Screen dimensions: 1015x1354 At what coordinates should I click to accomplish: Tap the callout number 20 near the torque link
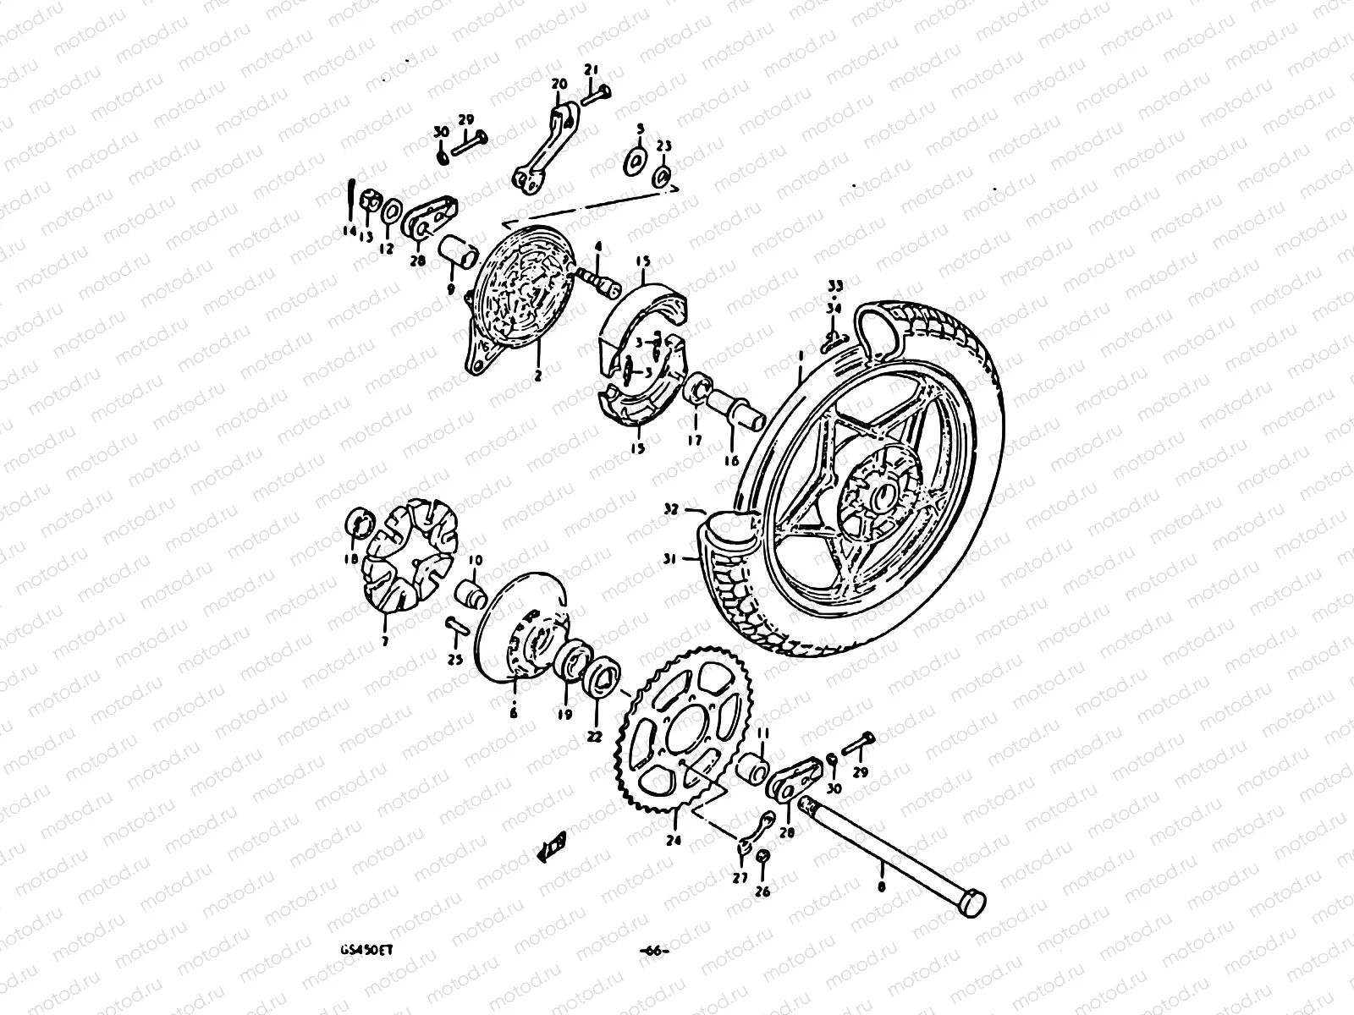point(558,84)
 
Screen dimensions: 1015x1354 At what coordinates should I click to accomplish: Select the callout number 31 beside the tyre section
point(669,557)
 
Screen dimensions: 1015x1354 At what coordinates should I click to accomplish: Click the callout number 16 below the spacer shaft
point(730,461)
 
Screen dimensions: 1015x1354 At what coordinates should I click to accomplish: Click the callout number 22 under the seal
point(594,737)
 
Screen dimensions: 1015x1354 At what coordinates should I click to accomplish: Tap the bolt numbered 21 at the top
point(598,91)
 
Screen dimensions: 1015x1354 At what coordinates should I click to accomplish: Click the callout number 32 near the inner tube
point(670,510)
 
